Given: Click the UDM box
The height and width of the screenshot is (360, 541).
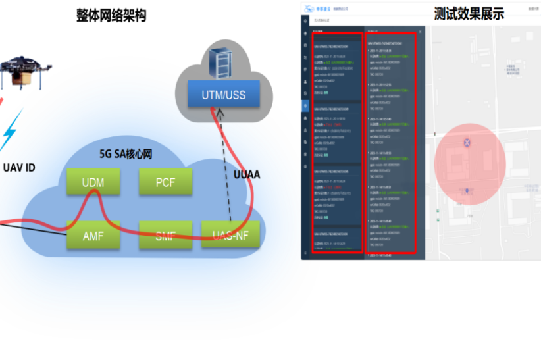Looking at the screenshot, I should click(x=93, y=182).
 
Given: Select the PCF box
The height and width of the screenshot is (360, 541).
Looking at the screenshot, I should click(x=165, y=182).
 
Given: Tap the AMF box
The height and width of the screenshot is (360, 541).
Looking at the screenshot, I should click(x=93, y=235).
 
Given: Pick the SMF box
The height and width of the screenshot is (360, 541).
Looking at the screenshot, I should click(x=165, y=235).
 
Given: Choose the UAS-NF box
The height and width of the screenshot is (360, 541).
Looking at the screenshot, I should click(x=230, y=235).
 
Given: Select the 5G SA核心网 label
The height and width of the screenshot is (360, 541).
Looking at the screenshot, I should click(x=126, y=154).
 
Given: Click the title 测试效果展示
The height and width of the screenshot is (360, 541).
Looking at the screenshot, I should click(x=469, y=14).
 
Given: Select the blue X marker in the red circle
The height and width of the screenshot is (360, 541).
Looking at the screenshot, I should click(x=467, y=142).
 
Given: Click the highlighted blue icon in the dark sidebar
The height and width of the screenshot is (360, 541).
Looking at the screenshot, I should click(x=305, y=105).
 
